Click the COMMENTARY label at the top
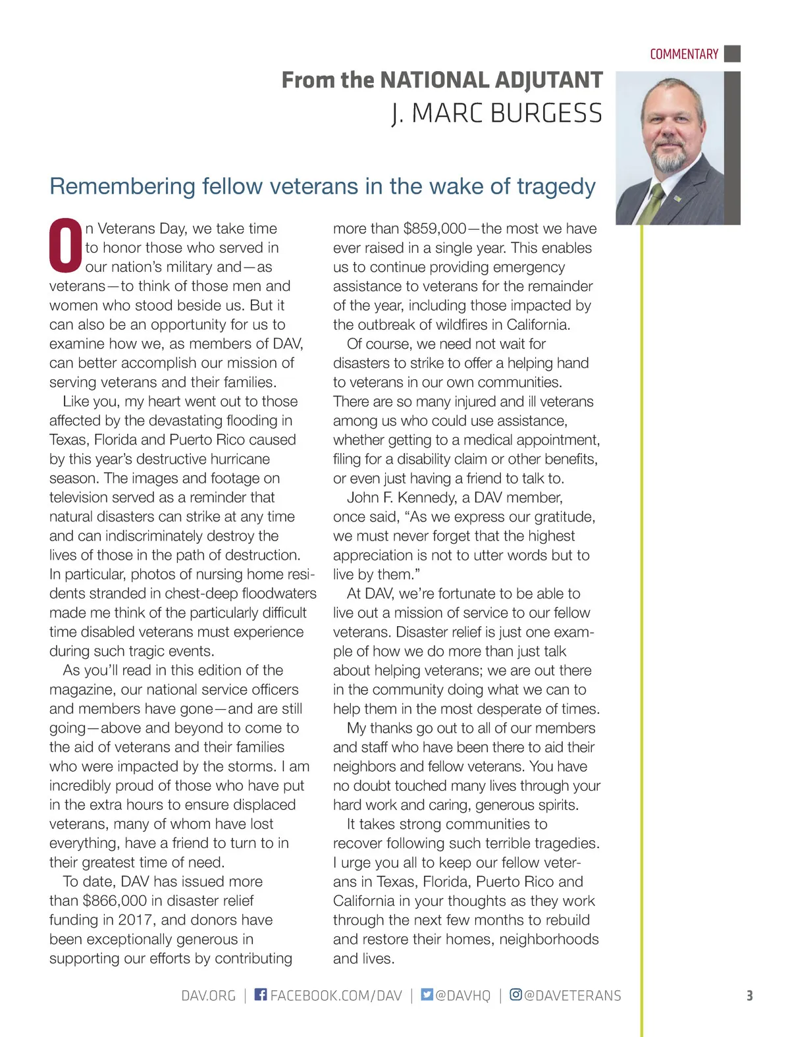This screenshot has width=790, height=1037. pos(683,54)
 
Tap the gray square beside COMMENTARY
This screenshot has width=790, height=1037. pos(732,53)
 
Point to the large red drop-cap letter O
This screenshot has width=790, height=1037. pos(65,245)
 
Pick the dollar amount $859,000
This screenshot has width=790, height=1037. pos(434,228)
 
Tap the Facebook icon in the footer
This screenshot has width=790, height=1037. pos(261,995)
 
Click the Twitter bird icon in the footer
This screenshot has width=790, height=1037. pos(427,995)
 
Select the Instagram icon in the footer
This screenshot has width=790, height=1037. pos(516,995)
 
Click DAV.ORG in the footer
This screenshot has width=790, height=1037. pos(208,996)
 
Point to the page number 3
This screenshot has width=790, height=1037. pos(749,996)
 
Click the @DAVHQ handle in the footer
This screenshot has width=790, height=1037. pos(463,996)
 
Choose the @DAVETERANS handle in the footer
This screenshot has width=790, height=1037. pos(572,996)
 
